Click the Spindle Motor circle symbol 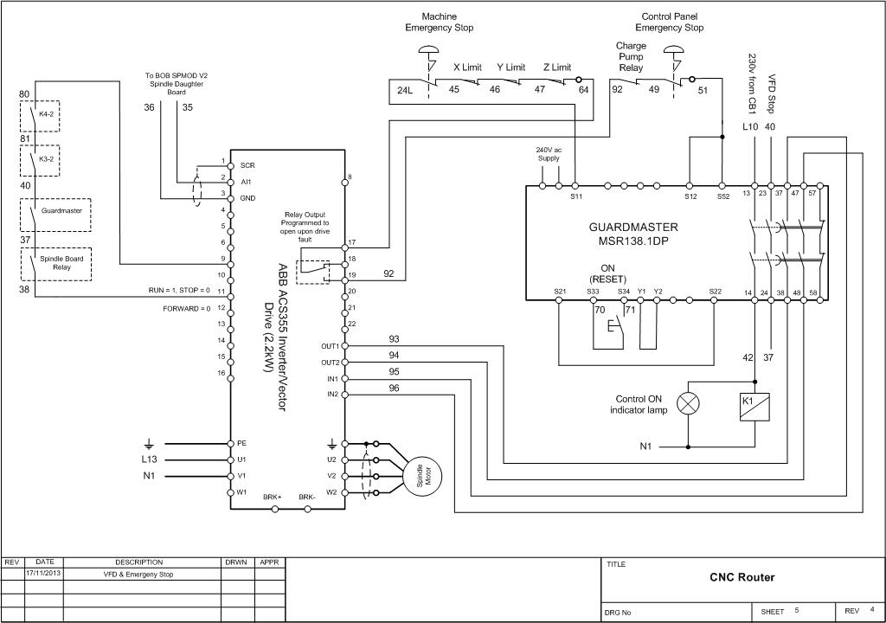[421, 477]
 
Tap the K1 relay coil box [754, 407]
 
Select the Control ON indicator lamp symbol [688, 404]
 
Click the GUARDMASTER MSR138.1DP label [633, 234]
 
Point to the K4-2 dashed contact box [40, 117]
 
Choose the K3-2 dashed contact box [40, 161]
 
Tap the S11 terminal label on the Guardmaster [575, 196]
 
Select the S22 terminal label [715, 292]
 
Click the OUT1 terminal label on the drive [330, 346]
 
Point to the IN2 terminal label [333, 394]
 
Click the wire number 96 [394, 388]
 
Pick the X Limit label [467, 67]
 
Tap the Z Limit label [557, 67]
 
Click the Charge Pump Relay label [631, 56]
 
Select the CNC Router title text [742, 577]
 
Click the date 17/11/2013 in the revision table [44, 574]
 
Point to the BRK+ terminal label [272, 498]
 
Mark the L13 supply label [149, 459]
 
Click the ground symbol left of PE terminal [149, 445]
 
